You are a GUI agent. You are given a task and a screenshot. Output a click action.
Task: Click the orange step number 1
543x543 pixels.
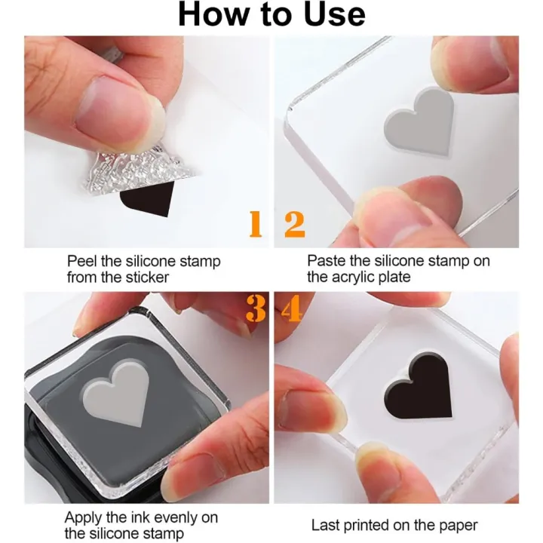pos(256,224)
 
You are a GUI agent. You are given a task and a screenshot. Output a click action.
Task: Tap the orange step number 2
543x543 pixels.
pos(294,224)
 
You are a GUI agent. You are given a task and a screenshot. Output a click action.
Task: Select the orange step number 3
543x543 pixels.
pos(256,308)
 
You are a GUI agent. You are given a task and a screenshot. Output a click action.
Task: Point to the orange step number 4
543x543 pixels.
pos(291,308)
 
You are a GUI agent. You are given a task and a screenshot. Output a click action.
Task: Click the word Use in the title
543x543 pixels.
pos(334,14)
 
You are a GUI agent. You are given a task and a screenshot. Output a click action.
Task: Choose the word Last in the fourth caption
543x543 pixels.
pos(325,525)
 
